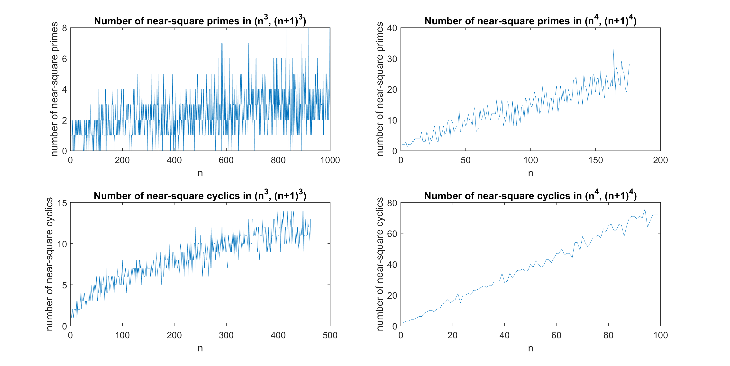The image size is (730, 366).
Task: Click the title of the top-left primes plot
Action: tap(200, 21)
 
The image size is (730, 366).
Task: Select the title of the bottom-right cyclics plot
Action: tap(530, 196)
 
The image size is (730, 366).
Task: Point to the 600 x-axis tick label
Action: tap(226, 160)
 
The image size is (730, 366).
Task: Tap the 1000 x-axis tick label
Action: tap(330, 160)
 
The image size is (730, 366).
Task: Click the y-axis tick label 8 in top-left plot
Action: tap(65, 28)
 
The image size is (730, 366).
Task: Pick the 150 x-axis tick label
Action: tap(595, 160)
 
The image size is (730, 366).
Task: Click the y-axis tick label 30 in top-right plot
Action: tap(392, 59)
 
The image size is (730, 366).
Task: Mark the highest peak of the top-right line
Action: tap(614, 49)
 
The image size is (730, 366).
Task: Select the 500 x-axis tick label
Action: tap(330, 335)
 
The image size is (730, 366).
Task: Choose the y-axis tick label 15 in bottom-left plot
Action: tap(62, 203)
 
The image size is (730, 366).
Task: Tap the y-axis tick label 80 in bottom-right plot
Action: tap(392, 203)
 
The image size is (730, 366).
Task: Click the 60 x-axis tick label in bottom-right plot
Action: tap(556, 335)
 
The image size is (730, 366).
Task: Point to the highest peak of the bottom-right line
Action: tap(645, 209)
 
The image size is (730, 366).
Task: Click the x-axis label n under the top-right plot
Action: tap(530, 173)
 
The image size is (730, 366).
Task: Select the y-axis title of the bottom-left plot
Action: tap(49, 264)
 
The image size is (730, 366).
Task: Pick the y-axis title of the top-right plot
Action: tap(380, 89)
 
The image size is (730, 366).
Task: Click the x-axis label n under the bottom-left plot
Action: tap(200, 348)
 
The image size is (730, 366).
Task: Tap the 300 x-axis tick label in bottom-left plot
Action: tap(226, 335)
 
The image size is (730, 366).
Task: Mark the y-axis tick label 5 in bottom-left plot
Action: tap(65, 285)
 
